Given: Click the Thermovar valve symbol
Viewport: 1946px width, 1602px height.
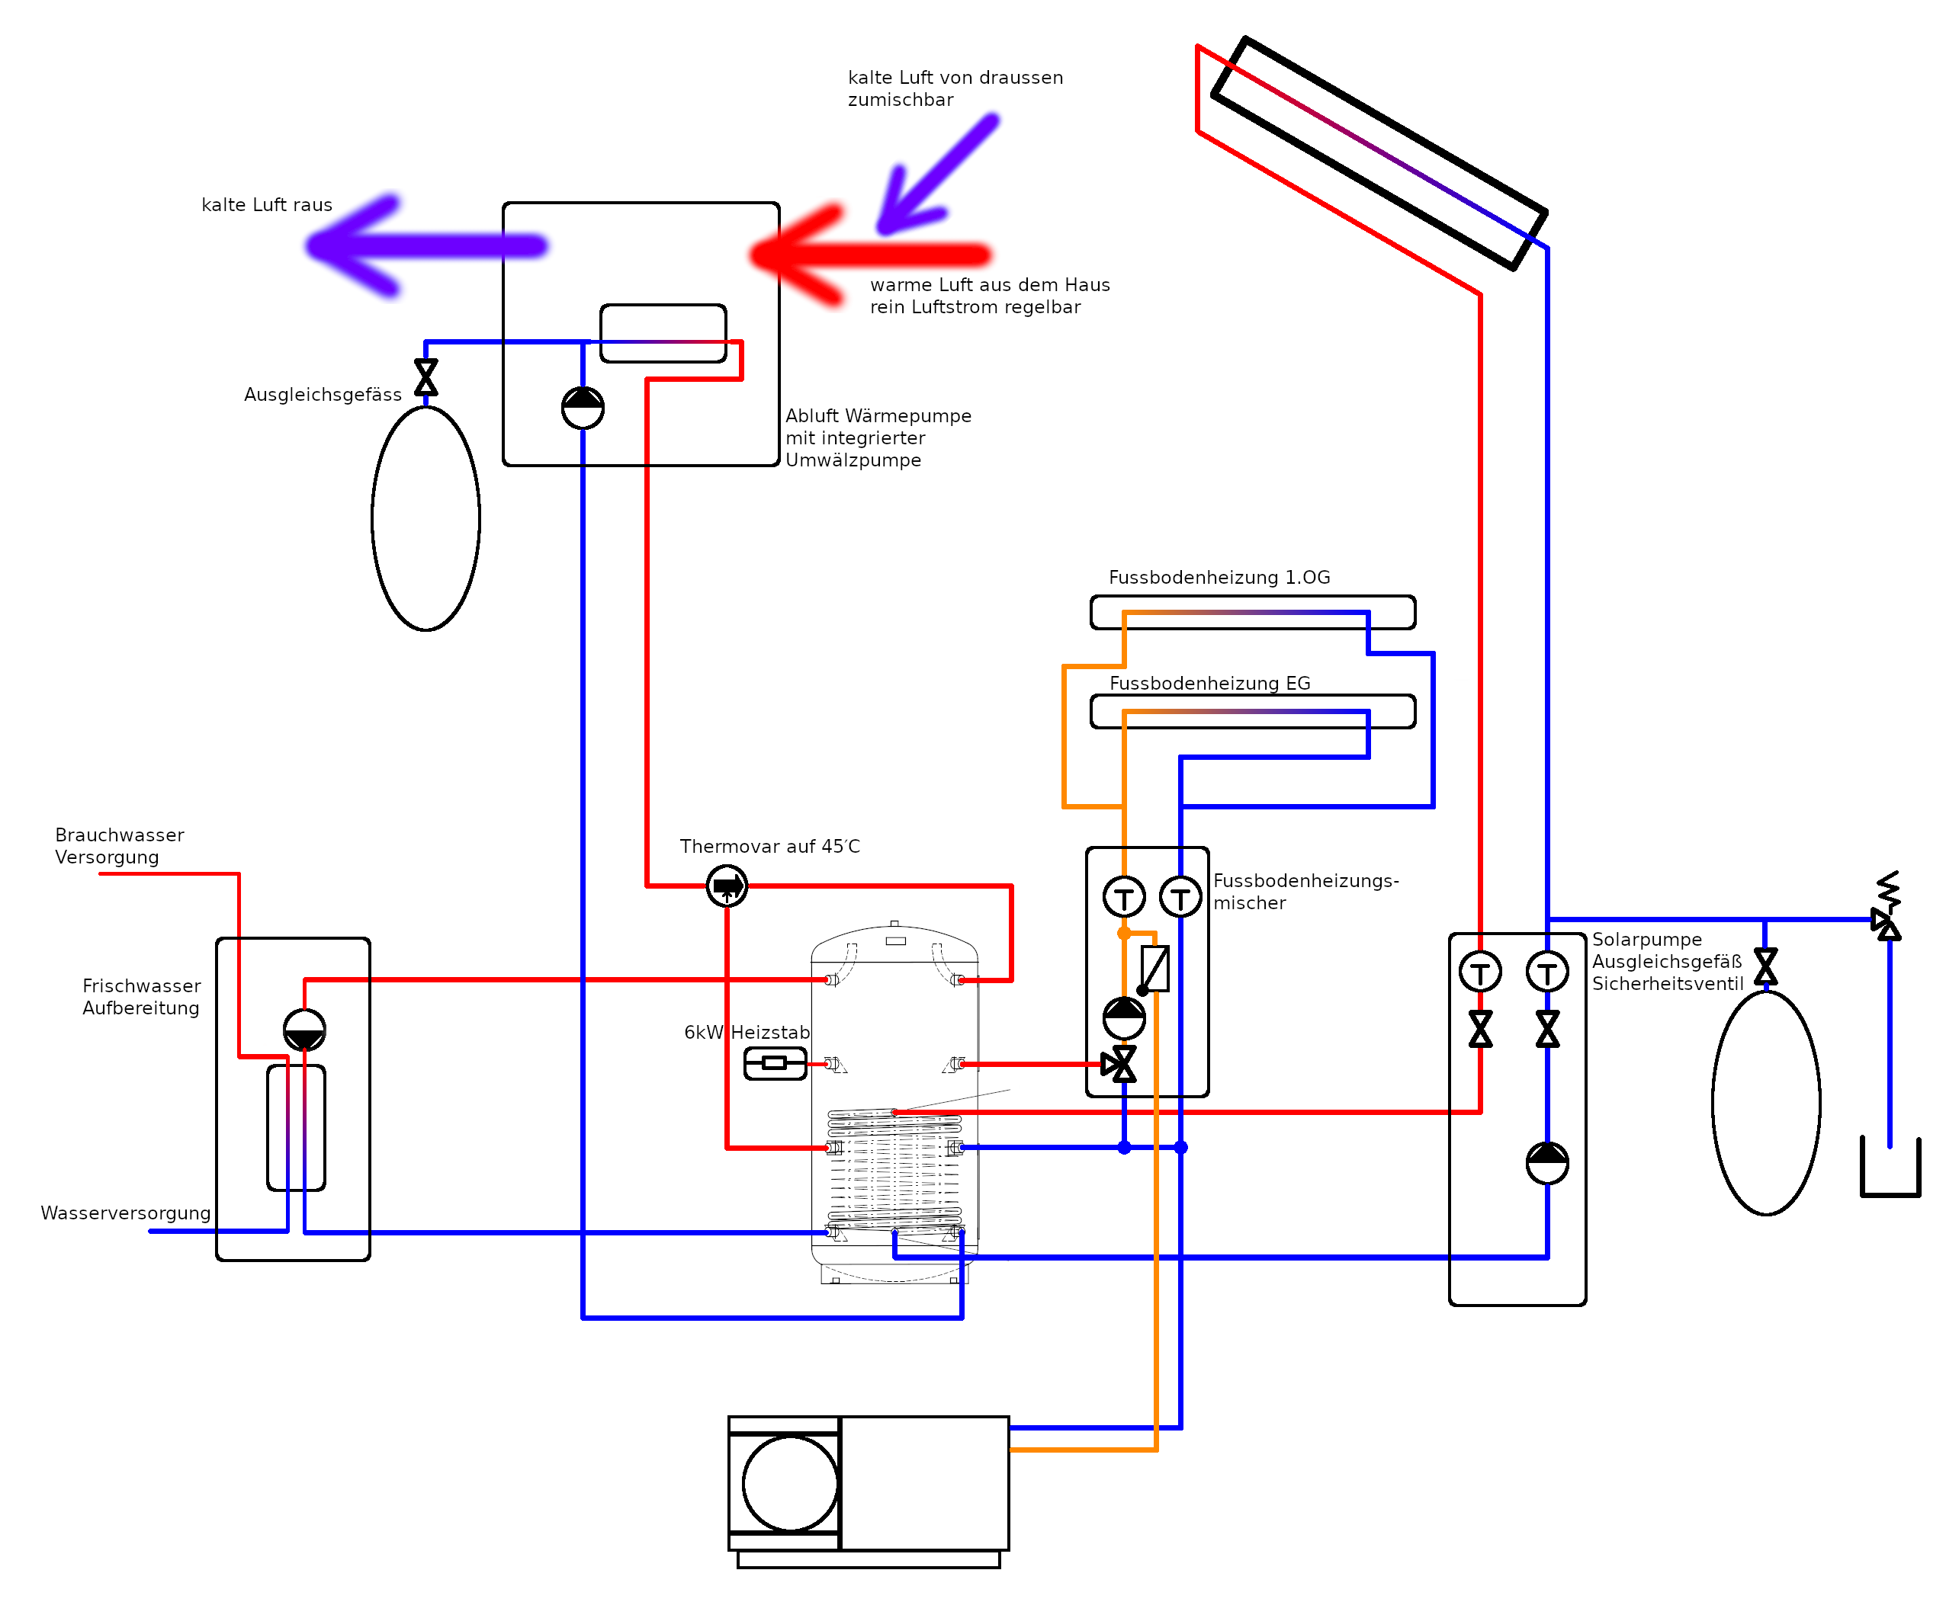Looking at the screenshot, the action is (x=727, y=886).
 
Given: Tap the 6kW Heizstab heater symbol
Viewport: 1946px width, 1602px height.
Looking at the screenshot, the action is (x=776, y=1063).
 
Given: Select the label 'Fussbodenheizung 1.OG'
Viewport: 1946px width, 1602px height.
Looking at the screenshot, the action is (x=1219, y=578).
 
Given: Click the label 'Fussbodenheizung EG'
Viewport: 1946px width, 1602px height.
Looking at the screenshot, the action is (x=1209, y=683).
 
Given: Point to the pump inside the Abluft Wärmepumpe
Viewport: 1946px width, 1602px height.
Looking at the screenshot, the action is (x=583, y=408).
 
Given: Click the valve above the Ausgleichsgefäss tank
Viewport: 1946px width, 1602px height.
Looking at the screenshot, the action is (x=425, y=377).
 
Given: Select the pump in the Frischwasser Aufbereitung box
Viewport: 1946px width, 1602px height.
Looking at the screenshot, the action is (x=305, y=1030).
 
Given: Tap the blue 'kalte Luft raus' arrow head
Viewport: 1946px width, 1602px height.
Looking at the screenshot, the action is (x=355, y=245).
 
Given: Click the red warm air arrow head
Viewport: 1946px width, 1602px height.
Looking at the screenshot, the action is (x=798, y=254).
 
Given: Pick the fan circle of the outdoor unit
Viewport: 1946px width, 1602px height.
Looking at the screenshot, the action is (x=790, y=1483).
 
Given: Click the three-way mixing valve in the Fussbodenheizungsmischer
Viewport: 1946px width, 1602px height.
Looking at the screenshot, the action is (x=1119, y=1064).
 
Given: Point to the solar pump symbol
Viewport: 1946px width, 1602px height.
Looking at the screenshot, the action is (x=1547, y=1163).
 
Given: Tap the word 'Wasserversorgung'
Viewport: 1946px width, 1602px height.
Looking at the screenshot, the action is (x=126, y=1213).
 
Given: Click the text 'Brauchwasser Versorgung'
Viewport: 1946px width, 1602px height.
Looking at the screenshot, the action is (x=119, y=846).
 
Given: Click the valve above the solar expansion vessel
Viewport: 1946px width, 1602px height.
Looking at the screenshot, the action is (x=1766, y=966).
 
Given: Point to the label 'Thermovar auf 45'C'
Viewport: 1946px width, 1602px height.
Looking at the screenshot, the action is (x=770, y=846).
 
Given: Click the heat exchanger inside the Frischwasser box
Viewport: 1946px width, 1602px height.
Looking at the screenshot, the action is (x=297, y=1128).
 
